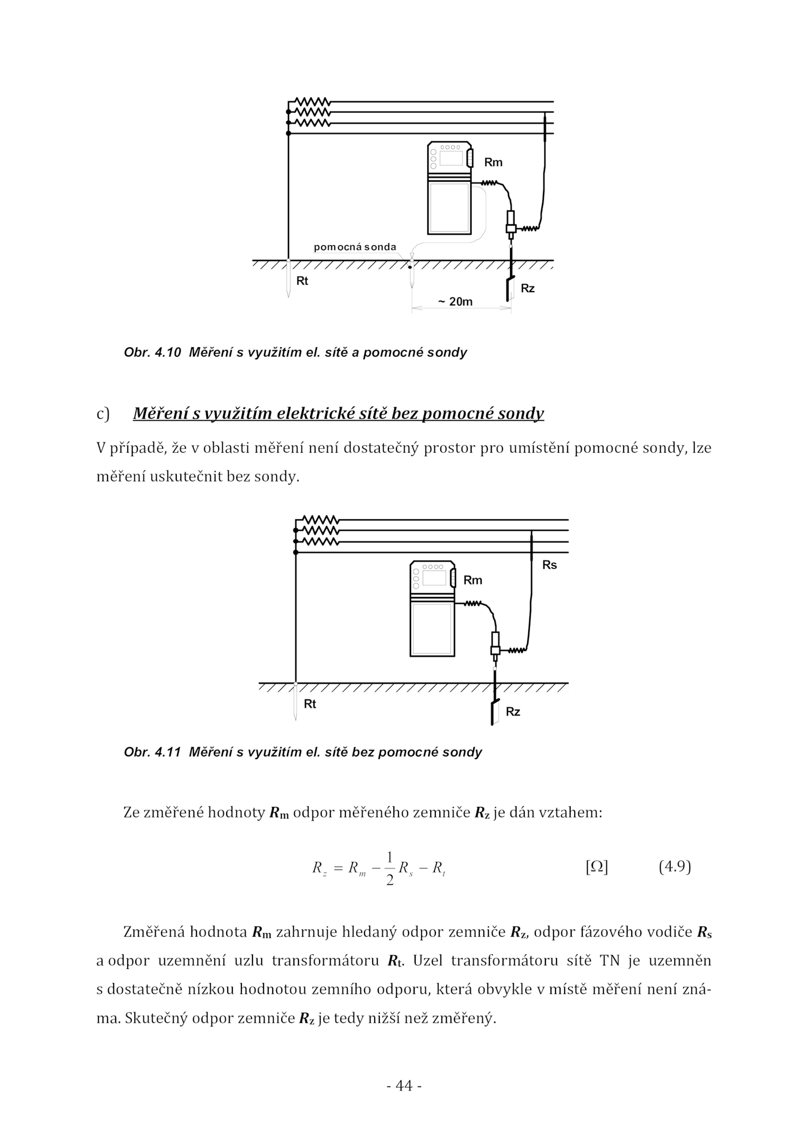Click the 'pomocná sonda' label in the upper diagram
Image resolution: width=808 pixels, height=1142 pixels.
point(355,247)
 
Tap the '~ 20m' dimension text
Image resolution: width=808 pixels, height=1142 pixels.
point(455,302)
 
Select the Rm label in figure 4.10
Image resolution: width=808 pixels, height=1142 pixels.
point(493,162)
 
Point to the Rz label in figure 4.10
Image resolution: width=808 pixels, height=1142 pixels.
point(528,289)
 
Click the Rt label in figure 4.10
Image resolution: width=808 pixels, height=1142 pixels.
point(302,281)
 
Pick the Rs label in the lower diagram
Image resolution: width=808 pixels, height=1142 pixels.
point(549,565)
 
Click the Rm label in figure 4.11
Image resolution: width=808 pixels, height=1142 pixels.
point(473,580)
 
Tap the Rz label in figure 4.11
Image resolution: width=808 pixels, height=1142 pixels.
point(513,712)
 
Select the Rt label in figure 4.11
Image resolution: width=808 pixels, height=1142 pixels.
point(310,704)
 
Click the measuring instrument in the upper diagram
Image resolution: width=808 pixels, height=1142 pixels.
point(449,188)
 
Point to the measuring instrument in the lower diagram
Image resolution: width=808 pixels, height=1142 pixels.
point(432,609)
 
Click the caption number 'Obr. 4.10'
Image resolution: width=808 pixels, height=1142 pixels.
point(152,352)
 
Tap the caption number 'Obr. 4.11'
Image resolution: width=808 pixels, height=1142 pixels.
point(152,752)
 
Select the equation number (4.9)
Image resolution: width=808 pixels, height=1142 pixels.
point(675,867)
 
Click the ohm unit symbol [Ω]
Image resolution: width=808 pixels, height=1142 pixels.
point(596,867)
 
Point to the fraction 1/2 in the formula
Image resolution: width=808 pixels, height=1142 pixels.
point(389,868)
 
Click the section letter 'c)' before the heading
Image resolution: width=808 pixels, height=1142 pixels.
point(103,414)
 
